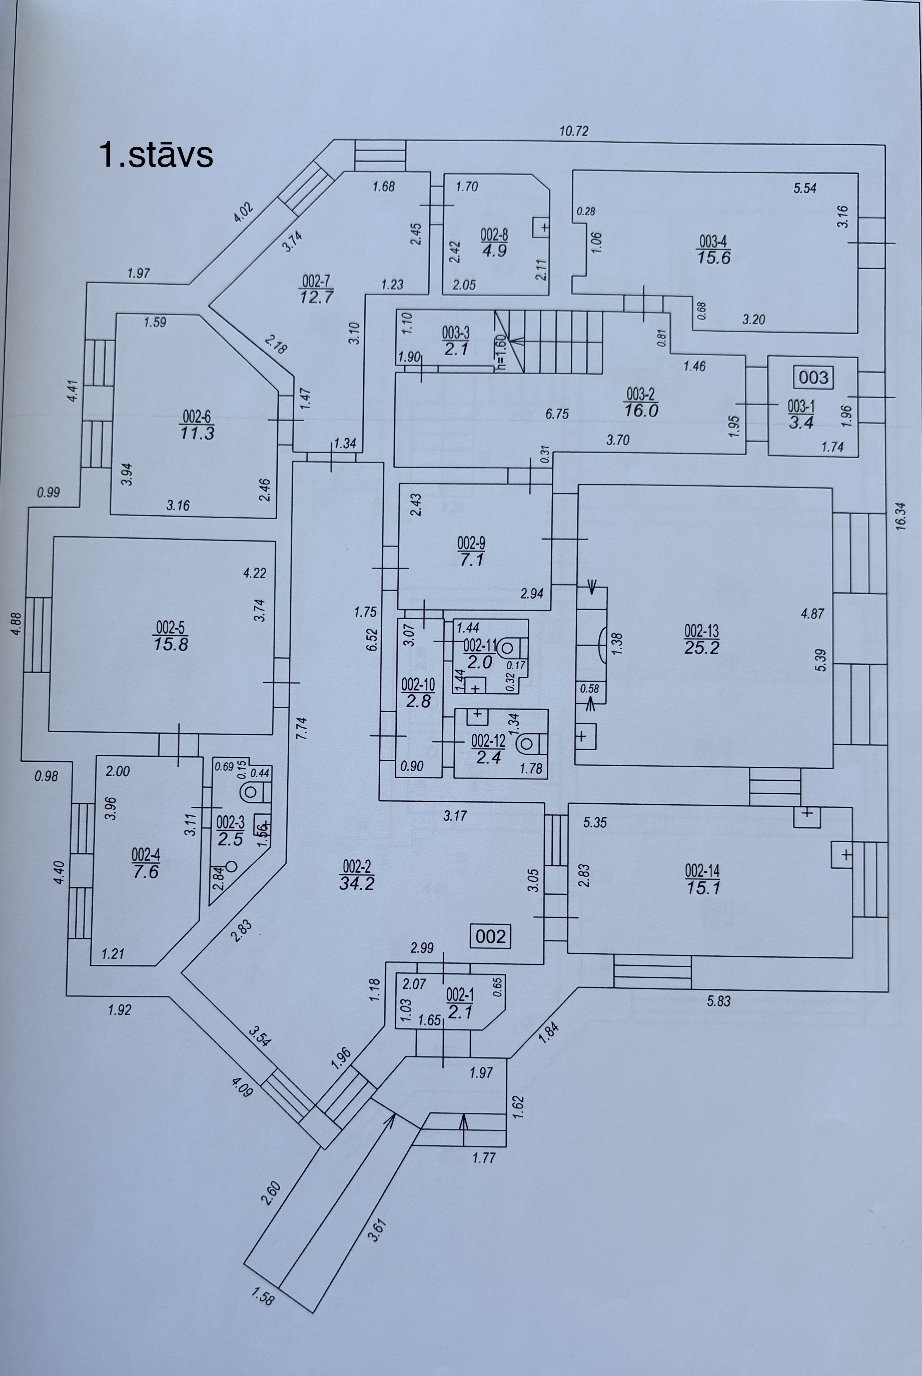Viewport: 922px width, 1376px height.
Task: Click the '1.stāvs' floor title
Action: coord(156,155)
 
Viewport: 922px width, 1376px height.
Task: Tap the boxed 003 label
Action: coord(813,377)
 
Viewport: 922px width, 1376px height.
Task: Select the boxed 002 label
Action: coord(491,936)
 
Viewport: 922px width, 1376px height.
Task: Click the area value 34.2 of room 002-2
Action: coord(357,883)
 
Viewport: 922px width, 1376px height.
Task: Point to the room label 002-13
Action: coord(702,631)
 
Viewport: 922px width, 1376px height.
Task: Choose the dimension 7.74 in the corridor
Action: coord(302,729)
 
